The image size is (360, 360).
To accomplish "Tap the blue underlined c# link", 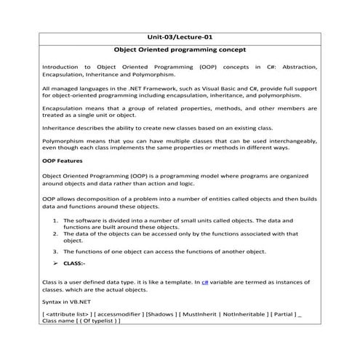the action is [x=205, y=280].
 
